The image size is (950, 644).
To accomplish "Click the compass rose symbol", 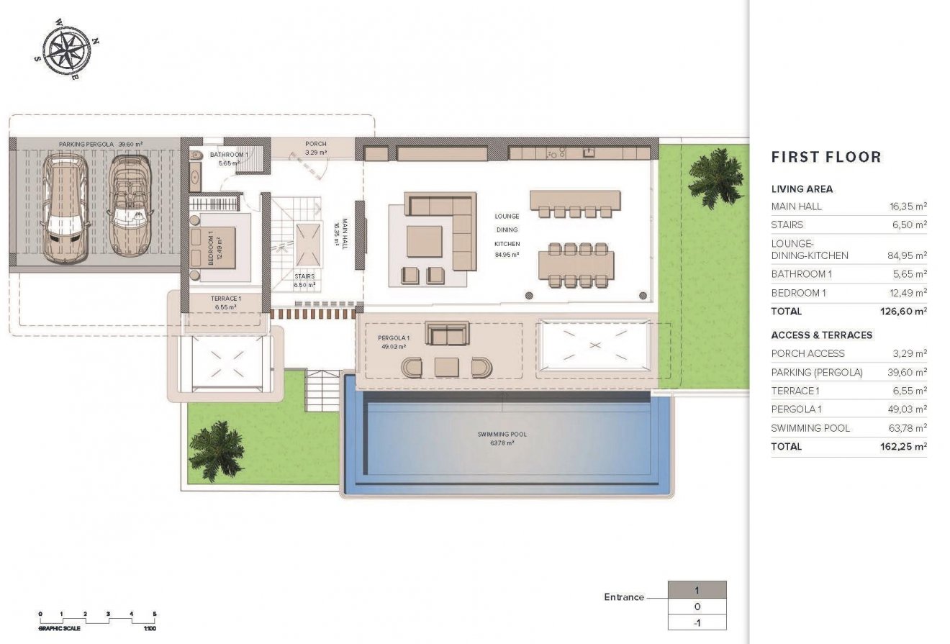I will point(66,50).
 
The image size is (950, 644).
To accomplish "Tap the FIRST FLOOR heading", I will point(825,157).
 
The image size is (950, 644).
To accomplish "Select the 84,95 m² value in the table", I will point(908,255).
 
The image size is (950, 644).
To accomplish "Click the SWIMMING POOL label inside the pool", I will point(496,435).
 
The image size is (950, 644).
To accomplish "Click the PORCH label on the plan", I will point(315,144).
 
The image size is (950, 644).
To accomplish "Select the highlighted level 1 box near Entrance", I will point(697,590).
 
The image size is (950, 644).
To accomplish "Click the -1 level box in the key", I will point(697,622).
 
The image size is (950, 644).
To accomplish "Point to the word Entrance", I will point(623,597).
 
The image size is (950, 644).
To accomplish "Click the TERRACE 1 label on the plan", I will point(225,298).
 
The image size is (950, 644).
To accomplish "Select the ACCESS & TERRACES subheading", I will point(821,335).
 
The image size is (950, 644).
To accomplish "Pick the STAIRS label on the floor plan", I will point(304,276).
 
